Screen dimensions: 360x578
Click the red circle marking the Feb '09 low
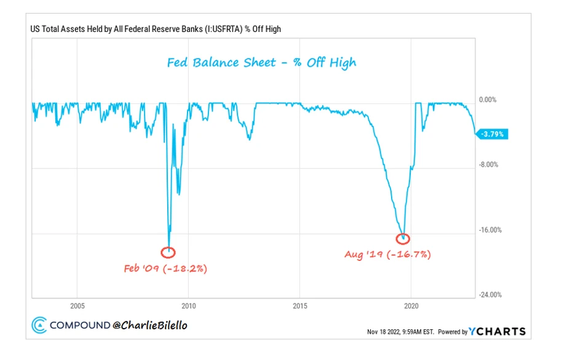click(x=168, y=252)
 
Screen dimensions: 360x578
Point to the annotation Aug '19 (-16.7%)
click(x=388, y=254)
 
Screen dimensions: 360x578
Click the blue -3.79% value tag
click(x=493, y=134)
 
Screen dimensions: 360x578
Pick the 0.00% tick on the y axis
click(x=488, y=100)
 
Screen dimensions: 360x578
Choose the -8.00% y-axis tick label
click(x=489, y=165)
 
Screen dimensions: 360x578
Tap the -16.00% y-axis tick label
click(x=490, y=230)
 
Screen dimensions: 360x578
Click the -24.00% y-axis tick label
click(x=490, y=295)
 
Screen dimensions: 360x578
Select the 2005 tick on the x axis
click(x=77, y=306)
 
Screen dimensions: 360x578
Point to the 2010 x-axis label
click(x=189, y=306)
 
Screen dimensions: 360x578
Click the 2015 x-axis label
click(x=300, y=306)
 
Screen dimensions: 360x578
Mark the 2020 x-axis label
click(x=411, y=306)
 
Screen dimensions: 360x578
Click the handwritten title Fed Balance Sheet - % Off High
click(x=262, y=62)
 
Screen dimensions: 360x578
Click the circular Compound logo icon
click(x=39, y=325)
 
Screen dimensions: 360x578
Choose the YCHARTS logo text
click(x=498, y=331)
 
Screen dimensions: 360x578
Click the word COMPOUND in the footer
click(x=79, y=325)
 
